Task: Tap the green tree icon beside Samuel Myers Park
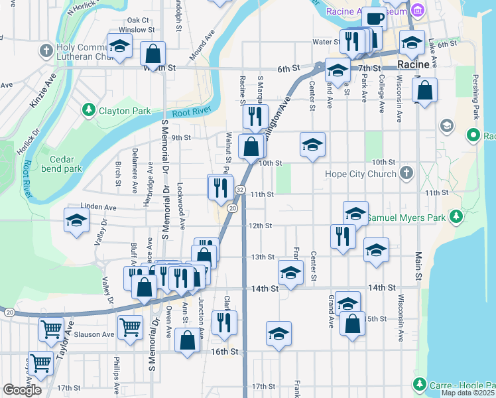(456, 217)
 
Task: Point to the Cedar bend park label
(65, 164)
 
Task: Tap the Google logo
(22, 390)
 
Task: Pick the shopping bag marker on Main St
(425, 90)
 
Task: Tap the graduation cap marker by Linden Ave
(76, 220)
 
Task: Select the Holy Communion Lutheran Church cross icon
(46, 50)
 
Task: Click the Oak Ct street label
(138, 21)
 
